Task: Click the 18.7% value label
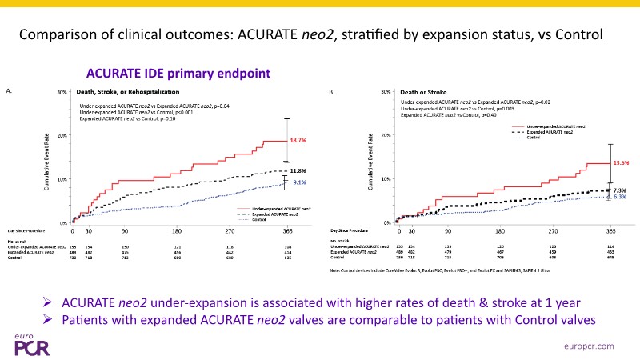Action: pos(296,141)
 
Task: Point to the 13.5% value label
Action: pos(622,162)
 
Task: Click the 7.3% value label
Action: pos(620,190)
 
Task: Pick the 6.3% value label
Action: pos(620,197)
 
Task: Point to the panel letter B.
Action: pos(332,93)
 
